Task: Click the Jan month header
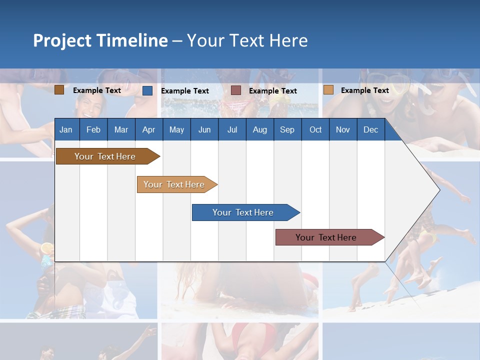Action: click(x=66, y=129)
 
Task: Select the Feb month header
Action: click(x=93, y=129)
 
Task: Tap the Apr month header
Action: click(x=148, y=129)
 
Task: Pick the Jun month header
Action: click(x=204, y=129)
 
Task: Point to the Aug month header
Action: click(x=259, y=129)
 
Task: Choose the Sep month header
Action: click(x=287, y=129)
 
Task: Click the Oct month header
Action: click(x=315, y=129)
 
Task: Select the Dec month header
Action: click(x=370, y=129)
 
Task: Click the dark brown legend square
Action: click(x=59, y=90)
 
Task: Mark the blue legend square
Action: click(x=147, y=90)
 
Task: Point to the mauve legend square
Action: click(x=236, y=90)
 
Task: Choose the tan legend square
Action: click(x=328, y=90)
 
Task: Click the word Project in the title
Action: click(x=62, y=40)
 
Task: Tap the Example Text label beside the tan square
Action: click(x=364, y=90)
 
